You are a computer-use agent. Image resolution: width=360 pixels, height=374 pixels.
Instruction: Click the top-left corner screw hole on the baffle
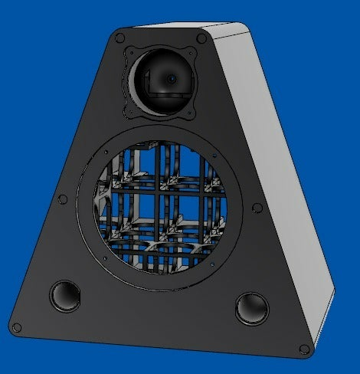[119, 36]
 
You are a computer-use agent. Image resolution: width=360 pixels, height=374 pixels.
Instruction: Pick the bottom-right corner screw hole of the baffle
[306, 349]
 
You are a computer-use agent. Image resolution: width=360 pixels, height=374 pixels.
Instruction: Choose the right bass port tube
[251, 308]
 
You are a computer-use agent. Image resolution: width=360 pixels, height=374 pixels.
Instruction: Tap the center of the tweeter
[170, 79]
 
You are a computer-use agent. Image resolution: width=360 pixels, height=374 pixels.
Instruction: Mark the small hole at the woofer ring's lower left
[104, 258]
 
